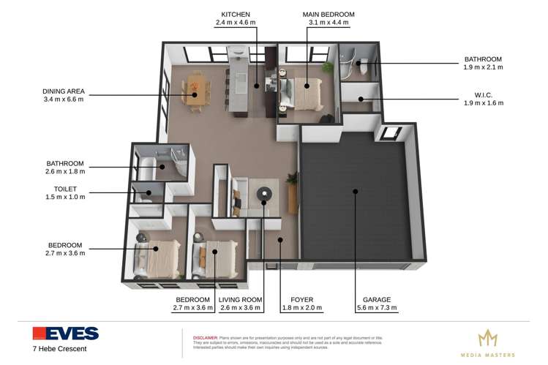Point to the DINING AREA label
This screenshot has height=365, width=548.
[x=63, y=91]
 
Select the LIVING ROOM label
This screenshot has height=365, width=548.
[x=240, y=300]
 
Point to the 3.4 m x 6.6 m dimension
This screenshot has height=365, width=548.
[x=63, y=99]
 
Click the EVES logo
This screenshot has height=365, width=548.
[x=65, y=334]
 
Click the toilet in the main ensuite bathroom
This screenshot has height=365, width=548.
[x=360, y=67]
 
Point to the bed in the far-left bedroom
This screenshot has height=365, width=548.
[x=155, y=255]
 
